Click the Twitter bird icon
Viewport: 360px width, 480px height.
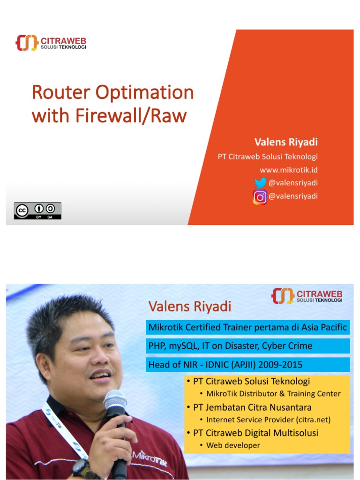pyautogui.click(x=260, y=183)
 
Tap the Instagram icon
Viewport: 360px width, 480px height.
pyautogui.click(x=260, y=197)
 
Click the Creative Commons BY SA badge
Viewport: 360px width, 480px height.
pyautogui.click(x=37, y=210)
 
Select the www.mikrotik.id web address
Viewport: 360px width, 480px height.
pyautogui.click(x=289, y=169)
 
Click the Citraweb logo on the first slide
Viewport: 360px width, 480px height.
pyautogui.click(x=51, y=43)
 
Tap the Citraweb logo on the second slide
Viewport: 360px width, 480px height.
pyautogui.click(x=307, y=296)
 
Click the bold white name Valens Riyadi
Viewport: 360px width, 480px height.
pyautogui.click(x=286, y=142)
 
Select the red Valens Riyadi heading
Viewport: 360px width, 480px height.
pyautogui.click(x=190, y=307)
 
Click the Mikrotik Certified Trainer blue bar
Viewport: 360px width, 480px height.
pyautogui.click(x=247, y=327)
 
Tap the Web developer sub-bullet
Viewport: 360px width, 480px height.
pyautogui.click(x=233, y=445)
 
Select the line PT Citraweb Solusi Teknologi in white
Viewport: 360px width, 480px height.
pyautogui.click(x=268, y=157)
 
